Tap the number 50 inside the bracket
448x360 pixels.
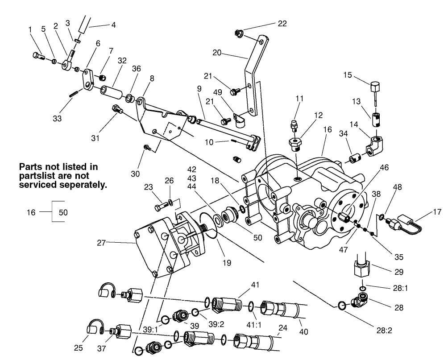coord(63,212)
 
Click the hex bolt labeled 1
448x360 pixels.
coord(38,56)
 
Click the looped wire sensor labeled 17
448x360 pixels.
coord(407,223)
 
